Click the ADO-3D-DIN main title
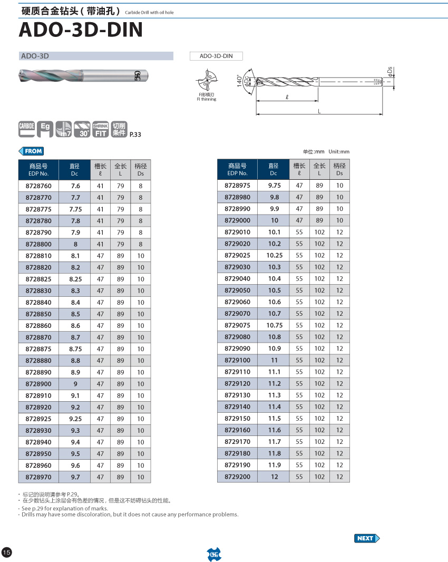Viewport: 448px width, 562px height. tap(81, 30)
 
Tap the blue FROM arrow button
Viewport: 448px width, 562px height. tap(31, 151)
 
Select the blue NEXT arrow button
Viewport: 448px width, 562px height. tap(367, 538)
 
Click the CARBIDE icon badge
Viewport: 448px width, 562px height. tap(26, 129)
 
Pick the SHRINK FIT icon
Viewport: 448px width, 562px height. tap(100, 129)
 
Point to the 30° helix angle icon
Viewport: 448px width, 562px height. tap(82, 129)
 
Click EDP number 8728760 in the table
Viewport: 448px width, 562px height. tap(38, 186)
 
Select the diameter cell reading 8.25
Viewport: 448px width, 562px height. tap(75, 279)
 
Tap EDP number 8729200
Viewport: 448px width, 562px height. tap(238, 477)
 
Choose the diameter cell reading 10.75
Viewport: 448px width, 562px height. tap(274, 325)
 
